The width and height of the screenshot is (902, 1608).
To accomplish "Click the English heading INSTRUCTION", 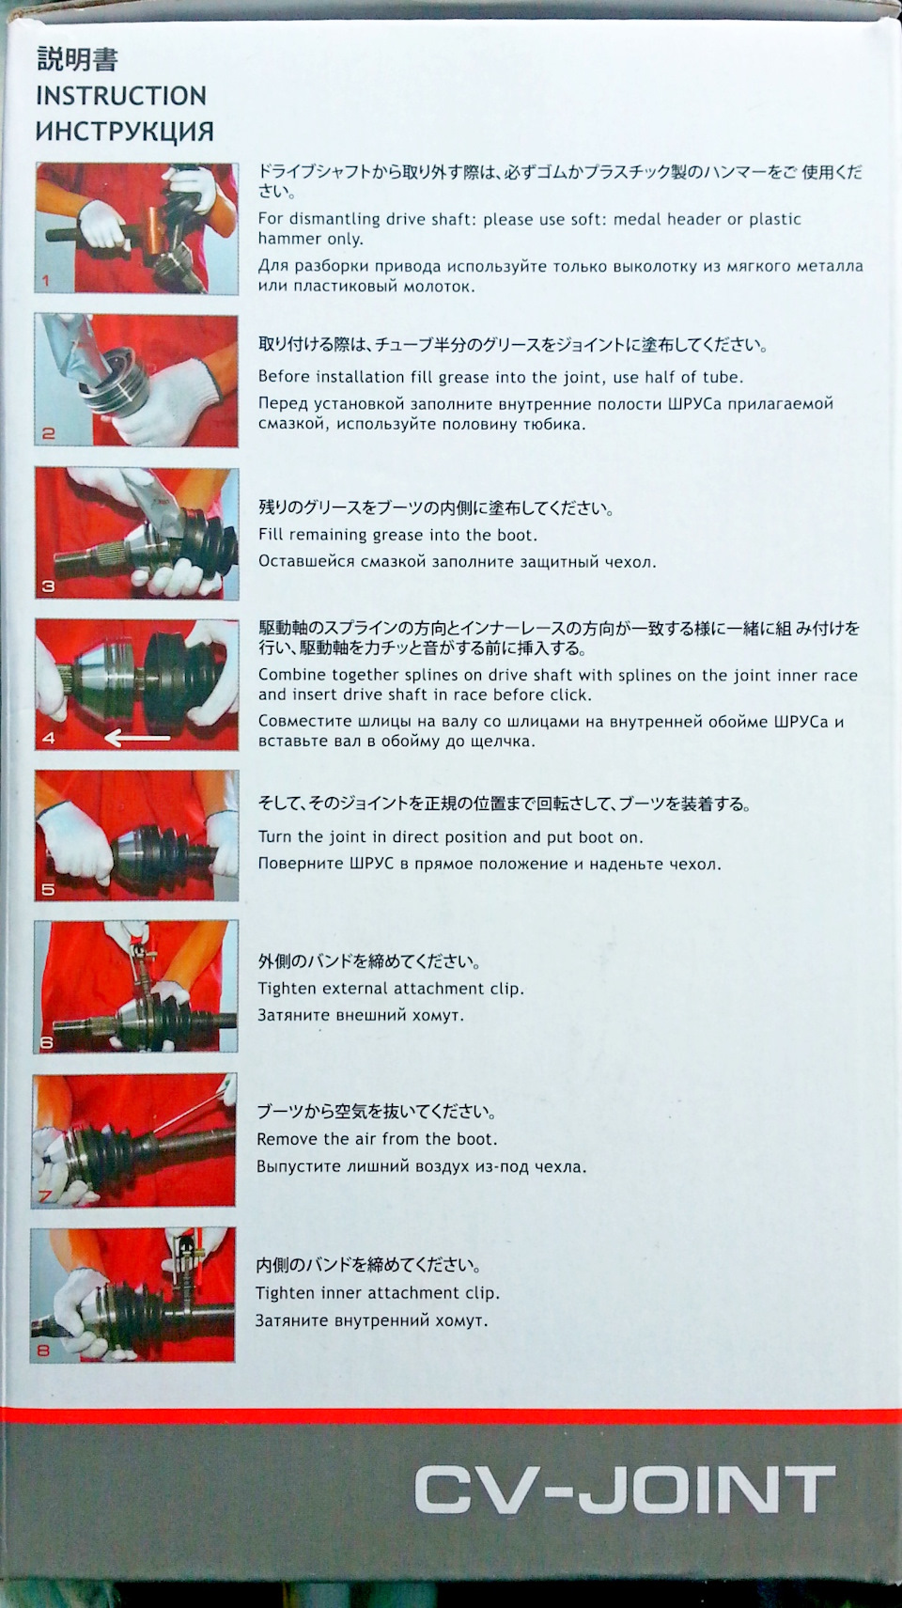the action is (120, 96).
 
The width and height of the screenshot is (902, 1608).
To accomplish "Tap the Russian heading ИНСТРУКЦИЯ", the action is (125, 133).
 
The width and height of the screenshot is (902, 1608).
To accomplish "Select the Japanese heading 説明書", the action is (77, 60).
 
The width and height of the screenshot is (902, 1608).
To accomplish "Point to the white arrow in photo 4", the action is (137, 737).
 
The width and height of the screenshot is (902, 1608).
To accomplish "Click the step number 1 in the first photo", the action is (46, 281).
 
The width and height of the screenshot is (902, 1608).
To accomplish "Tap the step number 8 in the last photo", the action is (43, 1351).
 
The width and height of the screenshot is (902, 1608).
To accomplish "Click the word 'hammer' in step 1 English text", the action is (286, 239).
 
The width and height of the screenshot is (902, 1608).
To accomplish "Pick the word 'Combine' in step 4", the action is (289, 675).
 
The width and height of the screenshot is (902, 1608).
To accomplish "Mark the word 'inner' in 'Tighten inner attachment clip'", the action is (342, 1293).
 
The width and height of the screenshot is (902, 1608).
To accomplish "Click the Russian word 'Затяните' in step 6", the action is (291, 1016).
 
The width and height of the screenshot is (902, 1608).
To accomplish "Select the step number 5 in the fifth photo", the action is (47, 890).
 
